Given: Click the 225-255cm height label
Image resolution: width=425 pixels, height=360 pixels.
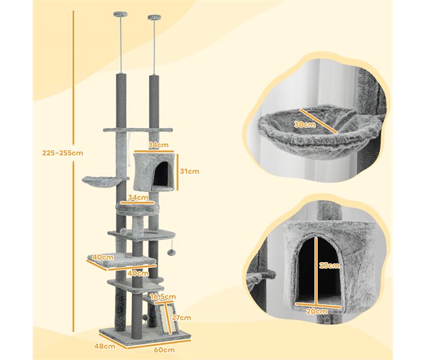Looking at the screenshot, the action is pyautogui.click(x=63, y=153).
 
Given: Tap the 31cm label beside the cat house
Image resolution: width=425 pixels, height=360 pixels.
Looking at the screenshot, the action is pyautogui.click(x=190, y=171).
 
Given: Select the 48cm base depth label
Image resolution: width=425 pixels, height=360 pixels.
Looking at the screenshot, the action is pyautogui.click(x=105, y=346).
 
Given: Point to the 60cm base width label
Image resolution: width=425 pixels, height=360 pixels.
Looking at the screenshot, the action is pyautogui.click(x=164, y=350).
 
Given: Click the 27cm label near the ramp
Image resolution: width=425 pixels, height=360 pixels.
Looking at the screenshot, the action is pyautogui.click(x=181, y=318).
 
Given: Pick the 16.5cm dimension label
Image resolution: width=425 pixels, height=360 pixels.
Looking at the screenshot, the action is pyautogui.click(x=163, y=297).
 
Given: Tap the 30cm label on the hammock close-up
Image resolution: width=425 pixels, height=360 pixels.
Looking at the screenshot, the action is pyautogui.click(x=305, y=125).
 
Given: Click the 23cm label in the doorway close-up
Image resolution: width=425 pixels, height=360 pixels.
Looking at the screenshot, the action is pyautogui.click(x=330, y=265).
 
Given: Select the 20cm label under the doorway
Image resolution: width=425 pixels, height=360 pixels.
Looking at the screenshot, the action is pyautogui.click(x=316, y=311).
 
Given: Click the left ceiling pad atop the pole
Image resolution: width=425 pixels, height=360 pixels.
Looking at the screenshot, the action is pyautogui.click(x=118, y=14).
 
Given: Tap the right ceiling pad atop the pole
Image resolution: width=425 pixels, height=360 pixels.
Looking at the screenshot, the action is pyautogui.click(x=154, y=17).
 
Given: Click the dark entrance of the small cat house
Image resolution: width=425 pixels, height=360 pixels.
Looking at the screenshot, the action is pyautogui.click(x=161, y=174).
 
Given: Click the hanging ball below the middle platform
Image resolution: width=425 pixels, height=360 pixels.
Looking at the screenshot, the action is pyautogui.click(x=170, y=252).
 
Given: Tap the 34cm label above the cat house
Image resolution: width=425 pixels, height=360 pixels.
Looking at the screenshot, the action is pyautogui.click(x=158, y=145).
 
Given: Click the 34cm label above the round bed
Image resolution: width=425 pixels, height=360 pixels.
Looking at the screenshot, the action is pyautogui.click(x=138, y=197).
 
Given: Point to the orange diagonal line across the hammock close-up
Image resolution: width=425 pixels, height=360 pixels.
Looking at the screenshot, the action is pyautogui.click(x=318, y=121).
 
